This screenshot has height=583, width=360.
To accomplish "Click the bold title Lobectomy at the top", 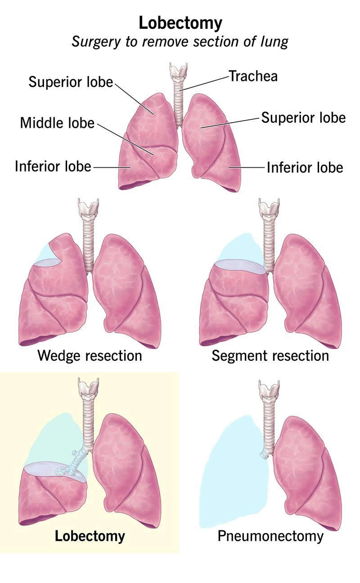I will click(x=180, y=22).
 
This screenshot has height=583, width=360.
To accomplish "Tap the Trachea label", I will click(x=253, y=76).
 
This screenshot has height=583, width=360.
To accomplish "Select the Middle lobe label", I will click(x=57, y=122).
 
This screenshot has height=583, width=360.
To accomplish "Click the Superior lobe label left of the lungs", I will click(x=71, y=82).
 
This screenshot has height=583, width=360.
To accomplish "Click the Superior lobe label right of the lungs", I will click(x=303, y=118).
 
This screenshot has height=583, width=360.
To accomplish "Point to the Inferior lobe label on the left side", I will click(x=53, y=166).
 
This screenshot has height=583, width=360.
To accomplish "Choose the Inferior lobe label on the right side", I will click(x=305, y=168).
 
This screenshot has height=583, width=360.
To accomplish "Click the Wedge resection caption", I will click(x=90, y=356).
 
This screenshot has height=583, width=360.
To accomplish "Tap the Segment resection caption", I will click(x=270, y=356).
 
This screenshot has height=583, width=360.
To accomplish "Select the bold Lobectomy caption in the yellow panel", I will click(x=90, y=536).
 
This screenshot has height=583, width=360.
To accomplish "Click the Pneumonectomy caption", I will click(x=270, y=536).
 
